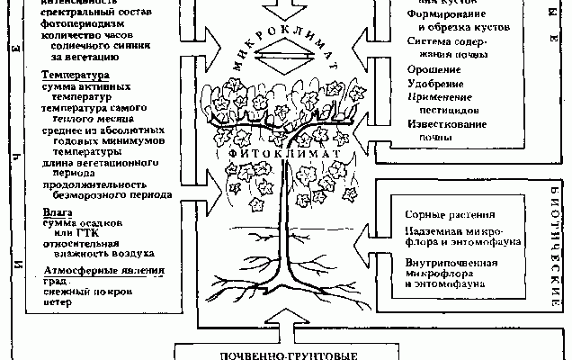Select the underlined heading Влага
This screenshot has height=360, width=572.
tap(58, 211)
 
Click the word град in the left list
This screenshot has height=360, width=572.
tap(56, 281)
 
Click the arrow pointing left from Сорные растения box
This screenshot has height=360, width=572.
tap(364, 238)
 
